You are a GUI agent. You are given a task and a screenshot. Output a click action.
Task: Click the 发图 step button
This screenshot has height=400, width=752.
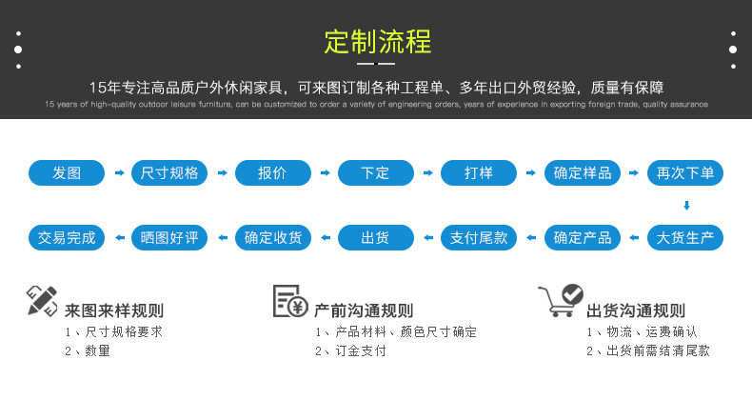point(67,173)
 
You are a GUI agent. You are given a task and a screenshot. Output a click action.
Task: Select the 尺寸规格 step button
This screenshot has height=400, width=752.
point(169,173)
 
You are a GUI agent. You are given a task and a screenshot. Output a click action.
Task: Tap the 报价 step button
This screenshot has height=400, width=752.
point(272,173)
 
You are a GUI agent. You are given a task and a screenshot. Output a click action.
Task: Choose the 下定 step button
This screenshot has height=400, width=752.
point(375,173)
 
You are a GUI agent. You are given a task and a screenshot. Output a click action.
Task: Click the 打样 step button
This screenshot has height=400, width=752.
point(479,173)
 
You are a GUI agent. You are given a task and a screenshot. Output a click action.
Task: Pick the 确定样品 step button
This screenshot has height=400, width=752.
point(583,173)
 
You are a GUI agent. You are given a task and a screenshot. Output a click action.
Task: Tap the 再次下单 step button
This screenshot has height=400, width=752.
point(685,173)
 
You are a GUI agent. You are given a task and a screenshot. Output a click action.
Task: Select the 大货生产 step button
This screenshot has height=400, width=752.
point(685,237)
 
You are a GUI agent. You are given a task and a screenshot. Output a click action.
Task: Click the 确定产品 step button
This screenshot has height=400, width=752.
point(583,237)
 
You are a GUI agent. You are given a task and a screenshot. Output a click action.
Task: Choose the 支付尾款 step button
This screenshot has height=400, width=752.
point(479,237)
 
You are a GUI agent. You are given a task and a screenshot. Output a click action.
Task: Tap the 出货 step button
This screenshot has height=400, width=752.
point(375,237)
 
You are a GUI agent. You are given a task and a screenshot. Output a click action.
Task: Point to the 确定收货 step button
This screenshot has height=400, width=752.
point(272,237)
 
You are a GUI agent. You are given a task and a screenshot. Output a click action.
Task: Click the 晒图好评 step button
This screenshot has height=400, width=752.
point(169,237)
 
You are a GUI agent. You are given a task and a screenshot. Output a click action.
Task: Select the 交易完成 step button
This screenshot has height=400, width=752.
point(67,237)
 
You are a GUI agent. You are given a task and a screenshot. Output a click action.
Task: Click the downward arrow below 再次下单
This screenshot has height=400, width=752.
point(685,206)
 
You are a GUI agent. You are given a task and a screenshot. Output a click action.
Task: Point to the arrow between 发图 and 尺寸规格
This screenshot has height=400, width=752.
point(118,173)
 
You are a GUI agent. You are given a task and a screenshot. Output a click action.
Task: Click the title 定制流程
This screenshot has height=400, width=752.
point(377,42)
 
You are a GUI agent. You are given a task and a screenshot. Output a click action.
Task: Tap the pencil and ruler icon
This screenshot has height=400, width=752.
point(42,300)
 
